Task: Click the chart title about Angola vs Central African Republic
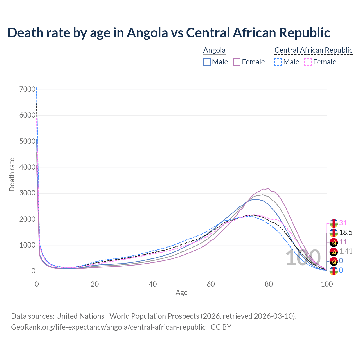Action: click(169, 33)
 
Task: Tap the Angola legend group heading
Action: click(214, 50)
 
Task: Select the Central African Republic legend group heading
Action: click(313, 50)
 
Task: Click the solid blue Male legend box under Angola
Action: click(207, 62)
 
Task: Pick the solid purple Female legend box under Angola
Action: click(237, 62)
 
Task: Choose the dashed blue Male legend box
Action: click(278, 62)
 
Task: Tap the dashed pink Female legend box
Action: click(308, 62)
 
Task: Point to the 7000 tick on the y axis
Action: click(28, 89)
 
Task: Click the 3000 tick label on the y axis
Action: click(28, 193)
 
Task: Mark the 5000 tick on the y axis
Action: click(28, 141)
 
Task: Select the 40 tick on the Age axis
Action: click(153, 284)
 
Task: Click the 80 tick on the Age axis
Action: click(269, 284)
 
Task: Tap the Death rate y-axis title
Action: click(12, 175)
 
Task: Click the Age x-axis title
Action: click(181, 293)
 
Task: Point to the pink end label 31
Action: click(343, 223)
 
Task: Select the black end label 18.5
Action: click(346, 233)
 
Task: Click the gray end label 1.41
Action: click(346, 251)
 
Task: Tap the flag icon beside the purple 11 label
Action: click(334, 242)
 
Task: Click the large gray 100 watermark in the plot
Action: click(303, 258)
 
